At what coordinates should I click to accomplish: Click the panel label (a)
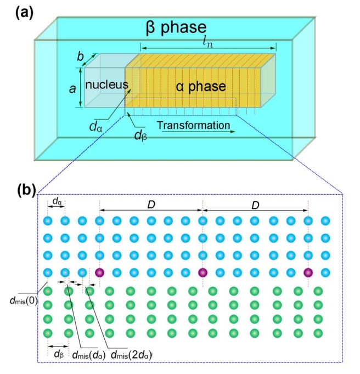pyautogui.click(x=26, y=12)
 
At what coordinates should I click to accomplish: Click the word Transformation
pyautogui.click(x=193, y=126)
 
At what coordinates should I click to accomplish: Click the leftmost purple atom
pyautogui.click(x=99, y=273)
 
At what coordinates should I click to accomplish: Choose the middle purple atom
pyautogui.click(x=203, y=273)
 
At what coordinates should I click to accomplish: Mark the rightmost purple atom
pyautogui.click(x=307, y=273)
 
